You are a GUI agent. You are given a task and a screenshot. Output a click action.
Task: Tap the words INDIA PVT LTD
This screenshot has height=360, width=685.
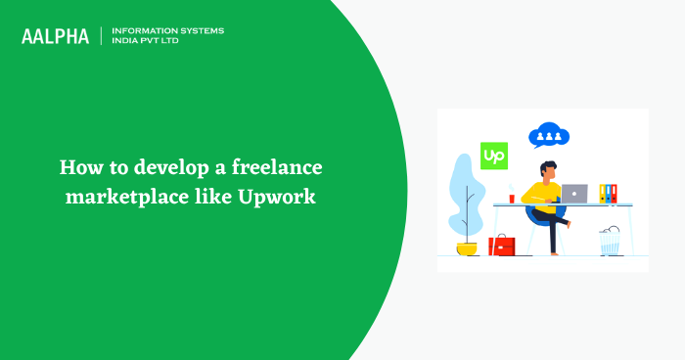tap(149, 42)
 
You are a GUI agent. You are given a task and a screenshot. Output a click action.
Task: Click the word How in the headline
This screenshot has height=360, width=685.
tap(79, 166)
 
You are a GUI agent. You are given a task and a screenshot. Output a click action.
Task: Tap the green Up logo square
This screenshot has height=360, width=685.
tap(494, 157)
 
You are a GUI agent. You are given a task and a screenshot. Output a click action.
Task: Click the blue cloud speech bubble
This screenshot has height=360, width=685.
tap(548, 136)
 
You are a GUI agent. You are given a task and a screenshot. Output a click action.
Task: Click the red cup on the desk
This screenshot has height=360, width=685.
tap(511, 198)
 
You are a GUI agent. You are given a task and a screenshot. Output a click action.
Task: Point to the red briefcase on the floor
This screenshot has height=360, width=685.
tap(502, 245)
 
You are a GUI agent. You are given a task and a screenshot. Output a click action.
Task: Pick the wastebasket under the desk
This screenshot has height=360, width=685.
tap(611, 241)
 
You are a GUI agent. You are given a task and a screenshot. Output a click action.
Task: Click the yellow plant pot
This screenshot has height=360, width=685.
tap(467, 248)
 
